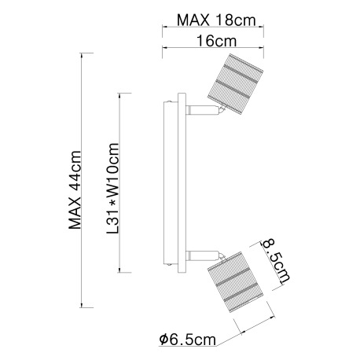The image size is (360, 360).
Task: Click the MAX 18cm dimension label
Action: pos(216,20)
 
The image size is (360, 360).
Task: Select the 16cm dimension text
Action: pos(216,41)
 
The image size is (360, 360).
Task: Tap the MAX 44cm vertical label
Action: pos(75,190)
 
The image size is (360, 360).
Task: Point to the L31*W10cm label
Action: pos(113,189)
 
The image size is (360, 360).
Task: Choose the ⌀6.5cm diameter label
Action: pos(188,340)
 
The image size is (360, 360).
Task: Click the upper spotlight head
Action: pos(235,85)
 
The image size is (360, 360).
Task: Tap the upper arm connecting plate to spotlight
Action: pos(202,110)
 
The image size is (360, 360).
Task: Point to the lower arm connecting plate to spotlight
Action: pos(202,255)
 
